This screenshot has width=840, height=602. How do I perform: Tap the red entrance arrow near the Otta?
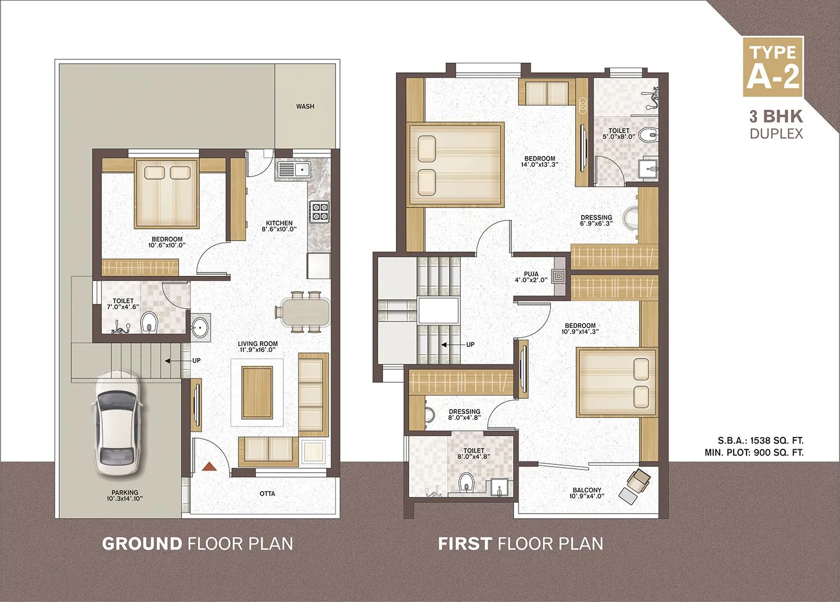click(x=209, y=466)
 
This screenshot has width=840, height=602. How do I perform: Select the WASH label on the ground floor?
click(x=305, y=106)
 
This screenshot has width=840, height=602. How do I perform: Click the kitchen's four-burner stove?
click(x=319, y=211)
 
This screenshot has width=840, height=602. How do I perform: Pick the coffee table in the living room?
click(x=257, y=392)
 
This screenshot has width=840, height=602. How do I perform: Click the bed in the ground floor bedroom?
click(x=167, y=194)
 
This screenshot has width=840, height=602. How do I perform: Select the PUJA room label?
click(x=531, y=277)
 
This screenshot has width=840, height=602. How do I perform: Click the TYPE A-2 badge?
click(x=773, y=67)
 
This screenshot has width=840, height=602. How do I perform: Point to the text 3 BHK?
click(x=776, y=116)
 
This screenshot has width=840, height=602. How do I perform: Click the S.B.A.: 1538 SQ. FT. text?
click(x=760, y=440)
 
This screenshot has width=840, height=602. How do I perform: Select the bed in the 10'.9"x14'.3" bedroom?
click(x=616, y=383)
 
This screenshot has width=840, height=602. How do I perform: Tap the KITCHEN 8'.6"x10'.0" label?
click(x=279, y=226)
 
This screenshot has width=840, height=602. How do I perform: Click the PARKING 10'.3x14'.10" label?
click(x=124, y=496)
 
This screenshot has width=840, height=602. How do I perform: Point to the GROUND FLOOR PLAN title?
click(x=197, y=543)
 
